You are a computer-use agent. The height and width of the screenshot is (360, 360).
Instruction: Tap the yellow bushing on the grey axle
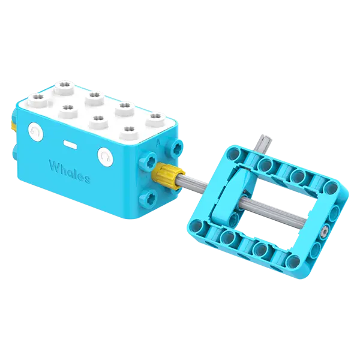tap(169, 176)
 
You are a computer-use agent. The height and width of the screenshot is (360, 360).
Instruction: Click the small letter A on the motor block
tap(157, 143)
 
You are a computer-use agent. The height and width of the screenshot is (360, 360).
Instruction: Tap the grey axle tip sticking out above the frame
tap(262, 145)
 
